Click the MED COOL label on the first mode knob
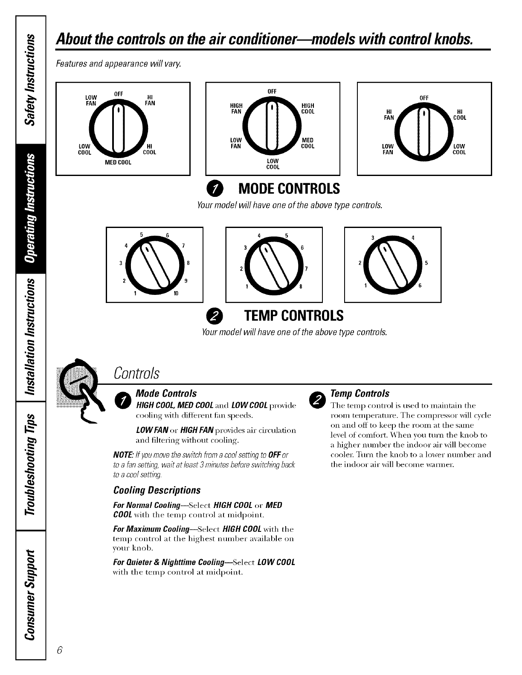click(x=118, y=162)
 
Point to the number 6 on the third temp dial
click(x=419, y=286)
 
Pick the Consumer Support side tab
click(x=31, y=592)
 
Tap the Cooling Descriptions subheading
click(x=157, y=490)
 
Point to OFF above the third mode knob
click(x=424, y=98)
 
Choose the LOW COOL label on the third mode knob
click(x=459, y=149)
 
